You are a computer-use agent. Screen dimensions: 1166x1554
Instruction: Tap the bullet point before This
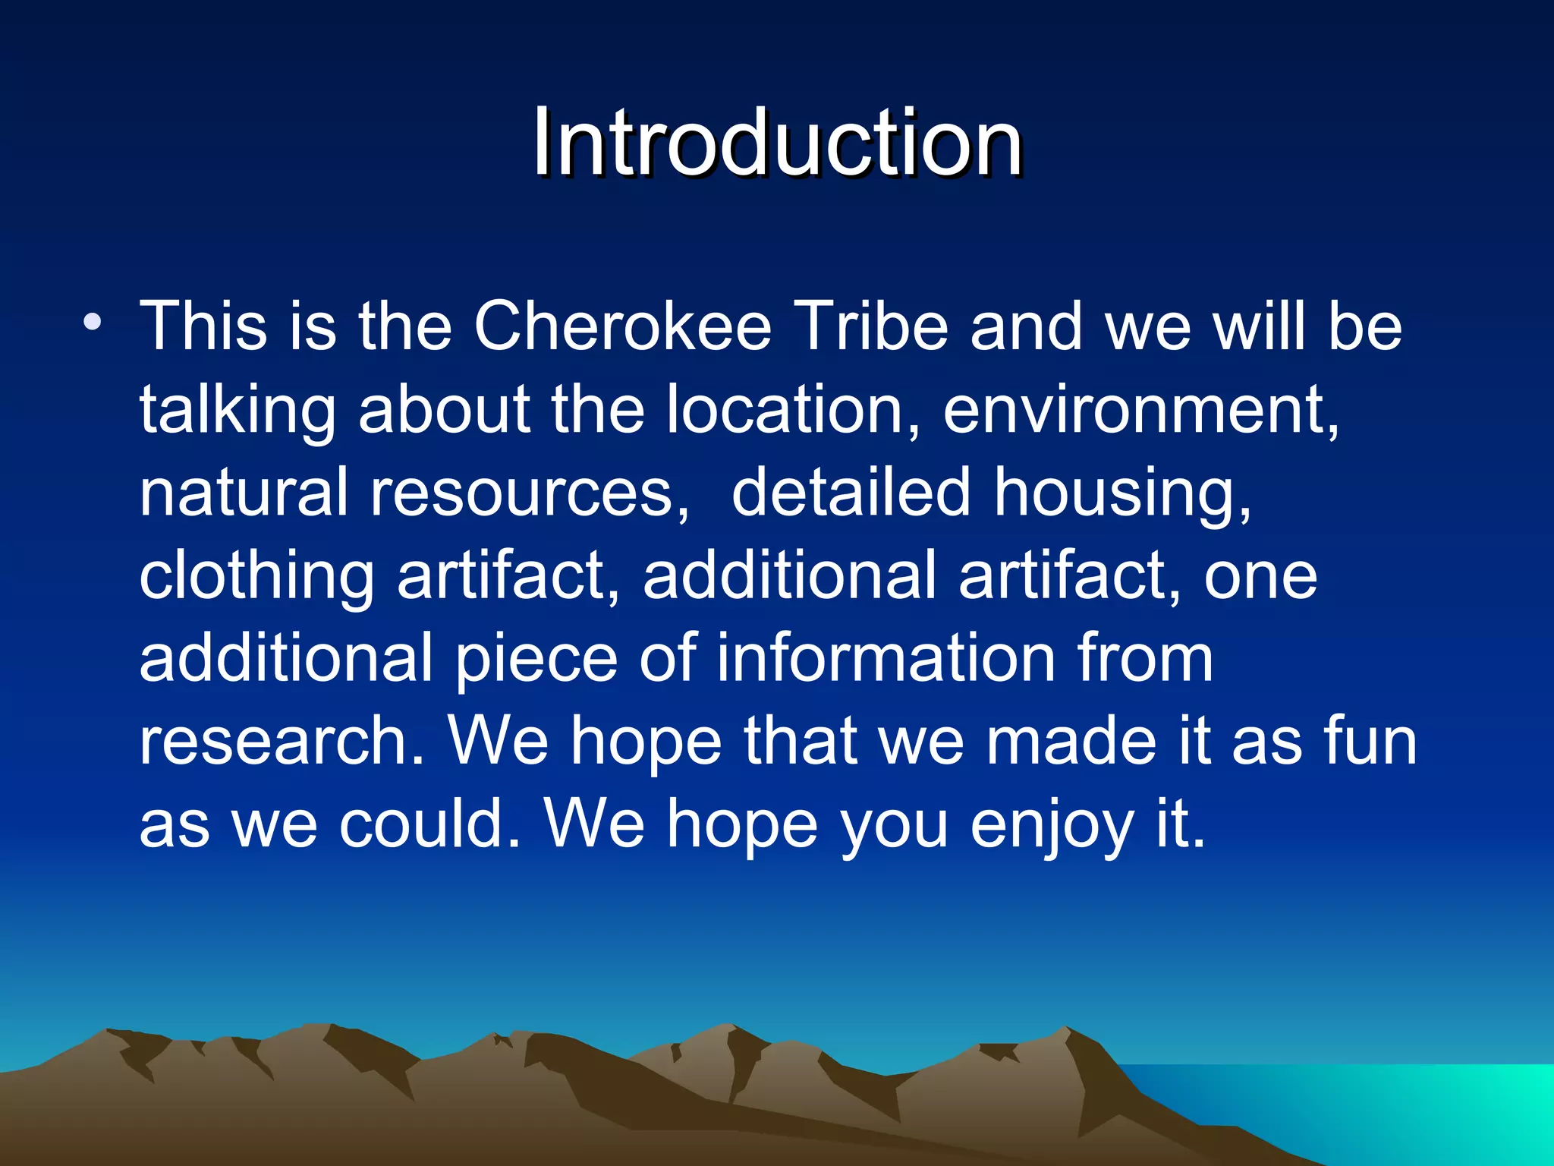click(x=93, y=322)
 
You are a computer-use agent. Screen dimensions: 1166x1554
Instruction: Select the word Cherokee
click(x=622, y=326)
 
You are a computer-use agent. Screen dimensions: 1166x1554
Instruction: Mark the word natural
click(x=244, y=493)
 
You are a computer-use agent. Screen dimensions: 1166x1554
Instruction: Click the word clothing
click(x=256, y=578)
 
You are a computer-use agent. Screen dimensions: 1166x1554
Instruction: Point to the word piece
click(x=536, y=660)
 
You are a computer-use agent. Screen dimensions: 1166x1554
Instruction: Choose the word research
click(x=281, y=742)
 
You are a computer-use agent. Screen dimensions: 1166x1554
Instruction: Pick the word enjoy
click(x=1051, y=827)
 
